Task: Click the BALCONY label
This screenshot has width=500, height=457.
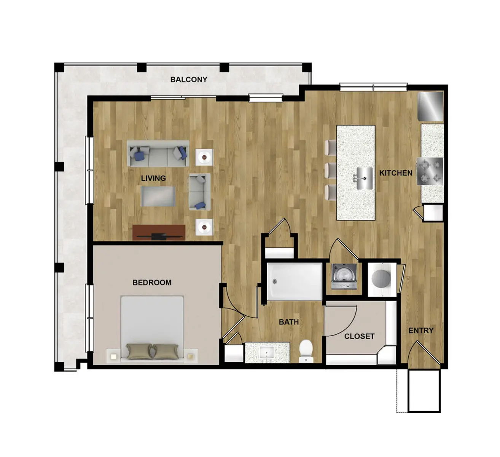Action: click(189, 80)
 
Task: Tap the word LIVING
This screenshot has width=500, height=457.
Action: click(153, 178)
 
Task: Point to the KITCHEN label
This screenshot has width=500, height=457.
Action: click(396, 173)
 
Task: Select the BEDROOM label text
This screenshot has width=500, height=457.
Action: click(152, 283)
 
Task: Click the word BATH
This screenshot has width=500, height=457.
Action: click(289, 322)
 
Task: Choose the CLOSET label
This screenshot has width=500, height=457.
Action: click(359, 336)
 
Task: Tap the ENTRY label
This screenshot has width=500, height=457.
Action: click(421, 331)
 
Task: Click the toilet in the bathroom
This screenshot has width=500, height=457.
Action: click(306, 351)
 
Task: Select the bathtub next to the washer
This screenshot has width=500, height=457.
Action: click(294, 281)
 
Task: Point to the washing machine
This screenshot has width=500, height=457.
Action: click(344, 276)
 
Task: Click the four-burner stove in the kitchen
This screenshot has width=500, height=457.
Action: click(430, 171)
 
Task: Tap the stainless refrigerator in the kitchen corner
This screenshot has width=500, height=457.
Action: click(431, 105)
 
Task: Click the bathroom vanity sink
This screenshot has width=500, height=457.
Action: click(267, 353)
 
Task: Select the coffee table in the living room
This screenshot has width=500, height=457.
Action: click(158, 196)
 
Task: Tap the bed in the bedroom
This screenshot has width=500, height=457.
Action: click(152, 328)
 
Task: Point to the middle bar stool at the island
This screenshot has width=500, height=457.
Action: click(331, 170)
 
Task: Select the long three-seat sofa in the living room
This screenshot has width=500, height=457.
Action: click(158, 153)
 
